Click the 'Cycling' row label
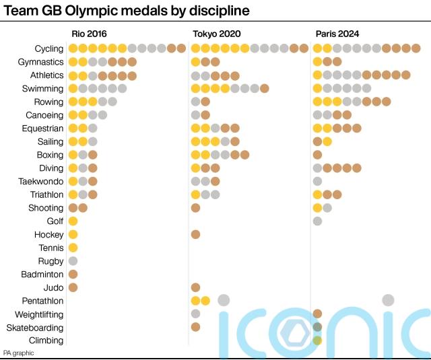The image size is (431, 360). click(49, 48)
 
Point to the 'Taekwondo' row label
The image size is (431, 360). click(41, 182)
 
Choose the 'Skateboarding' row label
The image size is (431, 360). click(35, 328)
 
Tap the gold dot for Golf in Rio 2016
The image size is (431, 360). click(73, 221)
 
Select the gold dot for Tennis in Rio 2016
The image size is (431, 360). click(73, 248)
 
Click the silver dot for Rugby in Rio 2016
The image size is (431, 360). click(73, 261)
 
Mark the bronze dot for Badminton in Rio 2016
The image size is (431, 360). click(73, 275)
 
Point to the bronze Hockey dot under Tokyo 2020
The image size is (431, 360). click(195, 234)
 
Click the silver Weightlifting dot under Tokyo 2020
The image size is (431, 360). click(195, 314)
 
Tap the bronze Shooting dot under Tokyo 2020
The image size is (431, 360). click(195, 208)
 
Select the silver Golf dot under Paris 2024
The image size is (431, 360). click(317, 221)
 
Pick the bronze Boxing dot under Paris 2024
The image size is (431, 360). click(317, 155)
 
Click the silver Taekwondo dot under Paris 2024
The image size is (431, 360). click(317, 181)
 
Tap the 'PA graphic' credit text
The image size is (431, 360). click(18, 353)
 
